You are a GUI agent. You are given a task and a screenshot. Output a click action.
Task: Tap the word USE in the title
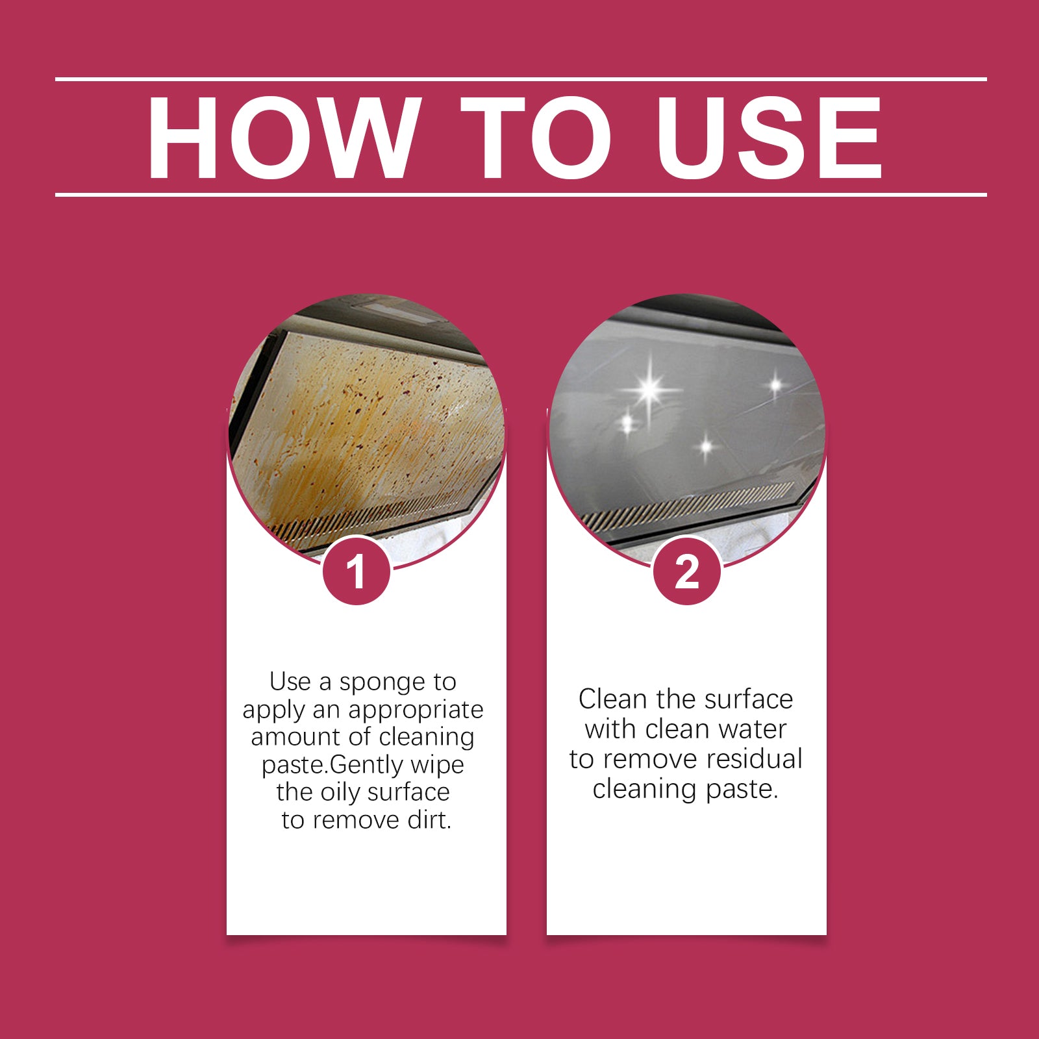pyautogui.click(x=769, y=138)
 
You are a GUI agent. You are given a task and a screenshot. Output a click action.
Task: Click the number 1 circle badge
pyautogui.click(x=356, y=571)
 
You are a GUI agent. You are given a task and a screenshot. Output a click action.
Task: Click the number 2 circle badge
pyautogui.click(x=686, y=571)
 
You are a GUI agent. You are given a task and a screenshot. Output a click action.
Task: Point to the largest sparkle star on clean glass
pyautogui.click(x=649, y=390)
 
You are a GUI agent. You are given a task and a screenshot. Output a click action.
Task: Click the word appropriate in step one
pyautogui.click(x=416, y=710)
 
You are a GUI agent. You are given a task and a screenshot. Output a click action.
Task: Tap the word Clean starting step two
pyautogui.click(x=613, y=699)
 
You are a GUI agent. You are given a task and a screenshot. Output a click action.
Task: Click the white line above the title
pyautogui.click(x=519, y=79)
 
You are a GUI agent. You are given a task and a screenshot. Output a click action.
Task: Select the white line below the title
pyautogui.click(x=519, y=194)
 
